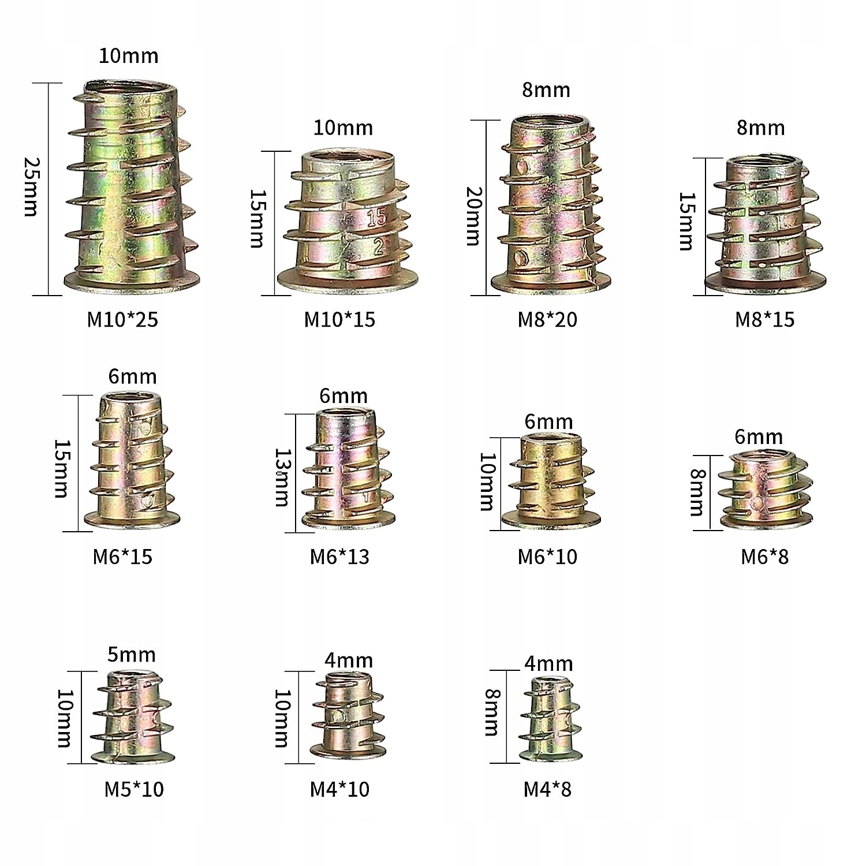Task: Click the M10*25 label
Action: click(x=122, y=319)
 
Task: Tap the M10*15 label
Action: click(x=339, y=319)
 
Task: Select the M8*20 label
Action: click(x=547, y=319)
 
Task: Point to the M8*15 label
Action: click(x=764, y=319)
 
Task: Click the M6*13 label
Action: click(x=339, y=557)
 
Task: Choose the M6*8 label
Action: click(x=764, y=557)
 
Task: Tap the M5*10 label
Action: click(x=134, y=789)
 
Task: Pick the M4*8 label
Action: click(x=547, y=789)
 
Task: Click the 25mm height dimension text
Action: click(x=31, y=187)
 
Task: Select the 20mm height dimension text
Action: click(x=474, y=216)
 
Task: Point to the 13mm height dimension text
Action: click(x=282, y=477)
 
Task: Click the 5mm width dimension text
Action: click(x=132, y=655)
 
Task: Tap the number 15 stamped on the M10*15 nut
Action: click(x=376, y=218)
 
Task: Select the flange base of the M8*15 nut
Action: click(x=766, y=283)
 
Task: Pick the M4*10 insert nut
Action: click(x=348, y=715)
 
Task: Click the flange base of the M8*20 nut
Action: click(x=550, y=283)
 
